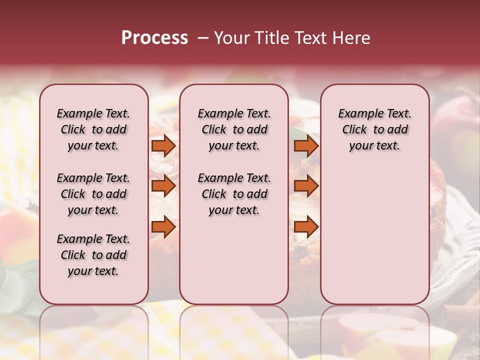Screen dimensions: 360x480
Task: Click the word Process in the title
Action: (154, 38)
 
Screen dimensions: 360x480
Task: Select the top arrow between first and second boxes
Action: (163, 145)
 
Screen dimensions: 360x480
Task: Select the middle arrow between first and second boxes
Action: (163, 186)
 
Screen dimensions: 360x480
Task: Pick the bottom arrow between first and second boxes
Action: (163, 226)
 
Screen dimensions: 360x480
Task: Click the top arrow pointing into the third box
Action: (306, 145)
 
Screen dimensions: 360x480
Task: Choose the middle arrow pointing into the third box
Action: (306, 186)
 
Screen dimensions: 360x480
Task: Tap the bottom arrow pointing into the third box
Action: (306, 226)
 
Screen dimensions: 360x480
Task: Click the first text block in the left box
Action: (93, 129)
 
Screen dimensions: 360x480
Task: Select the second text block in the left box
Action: (93, 194)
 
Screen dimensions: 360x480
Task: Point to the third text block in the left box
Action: (93, 255)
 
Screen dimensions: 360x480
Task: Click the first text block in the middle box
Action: (234, 129)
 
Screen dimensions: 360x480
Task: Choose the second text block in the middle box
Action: (234, 194)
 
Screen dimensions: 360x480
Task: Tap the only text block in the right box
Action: (374, 129)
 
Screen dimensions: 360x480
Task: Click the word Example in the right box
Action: (357, 113)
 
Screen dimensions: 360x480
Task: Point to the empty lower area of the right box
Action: (374, 235)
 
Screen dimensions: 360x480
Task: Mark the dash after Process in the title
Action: (202, 38)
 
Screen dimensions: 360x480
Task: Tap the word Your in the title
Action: (232, 38)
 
